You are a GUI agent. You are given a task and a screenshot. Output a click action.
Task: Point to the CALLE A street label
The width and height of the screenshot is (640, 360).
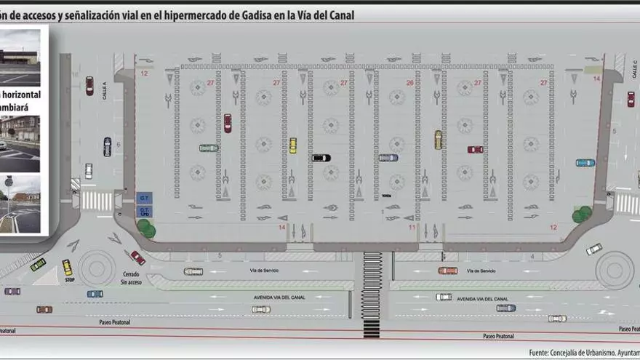[105, 90]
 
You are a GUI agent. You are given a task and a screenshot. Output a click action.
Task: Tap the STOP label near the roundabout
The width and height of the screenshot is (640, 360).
[70, 279]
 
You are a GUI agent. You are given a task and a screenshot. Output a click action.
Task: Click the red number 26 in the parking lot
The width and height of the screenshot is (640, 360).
[409, 83]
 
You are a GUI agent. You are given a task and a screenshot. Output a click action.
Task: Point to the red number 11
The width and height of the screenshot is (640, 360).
[412, 228]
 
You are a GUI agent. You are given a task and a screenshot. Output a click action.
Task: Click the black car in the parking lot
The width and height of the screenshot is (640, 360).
[321, 158]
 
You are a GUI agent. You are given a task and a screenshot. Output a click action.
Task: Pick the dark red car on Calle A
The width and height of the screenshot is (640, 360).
[89, 86]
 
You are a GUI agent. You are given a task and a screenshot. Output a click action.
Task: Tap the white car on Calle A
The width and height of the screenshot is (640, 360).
[89, 171]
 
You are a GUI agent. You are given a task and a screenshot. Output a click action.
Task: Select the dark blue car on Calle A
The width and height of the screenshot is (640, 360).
[107, 147]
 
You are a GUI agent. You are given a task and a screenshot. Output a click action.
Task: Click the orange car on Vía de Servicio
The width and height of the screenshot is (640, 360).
[448, 271]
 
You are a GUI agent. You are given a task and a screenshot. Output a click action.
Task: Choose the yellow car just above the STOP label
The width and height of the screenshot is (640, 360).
[67, 267]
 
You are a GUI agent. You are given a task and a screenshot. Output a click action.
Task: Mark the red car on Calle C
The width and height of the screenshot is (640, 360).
[631, 99]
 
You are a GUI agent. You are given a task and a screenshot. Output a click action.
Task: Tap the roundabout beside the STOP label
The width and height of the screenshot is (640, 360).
[97, 268]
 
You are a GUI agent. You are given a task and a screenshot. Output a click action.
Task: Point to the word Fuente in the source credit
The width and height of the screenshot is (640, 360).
[540, 352]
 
